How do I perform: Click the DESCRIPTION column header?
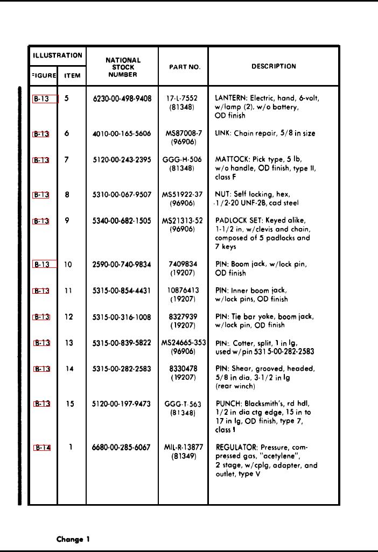click(x=274, y=67)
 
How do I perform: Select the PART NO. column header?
click(x=185, y=67)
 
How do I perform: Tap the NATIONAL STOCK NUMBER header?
click(x=123, y=68)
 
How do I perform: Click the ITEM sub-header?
click(x=72, y=76)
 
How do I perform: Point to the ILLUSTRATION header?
click(x=56, y=55)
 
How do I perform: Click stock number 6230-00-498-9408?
click(x=122, y=99)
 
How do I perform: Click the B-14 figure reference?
click(x=43, y=448)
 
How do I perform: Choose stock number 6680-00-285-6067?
click(x=122, y=447)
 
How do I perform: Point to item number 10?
click(x=68, y=265)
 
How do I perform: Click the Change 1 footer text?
click(x=73, y=539)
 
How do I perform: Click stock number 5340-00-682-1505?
click(x=122, y=221)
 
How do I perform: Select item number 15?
click(x=70, y=404)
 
